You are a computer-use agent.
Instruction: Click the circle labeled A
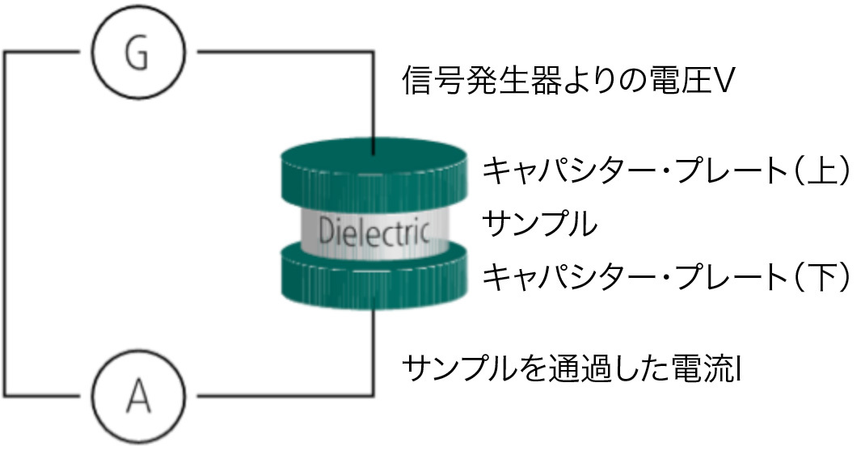click(x=138, y=397)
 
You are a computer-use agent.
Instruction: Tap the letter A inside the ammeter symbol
click(x=138, y=397)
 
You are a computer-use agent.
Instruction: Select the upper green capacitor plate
click(x=374, y=173)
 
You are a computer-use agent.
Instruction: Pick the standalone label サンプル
click(x=539, y=224)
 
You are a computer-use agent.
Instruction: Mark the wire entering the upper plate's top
click(x=374, y=105)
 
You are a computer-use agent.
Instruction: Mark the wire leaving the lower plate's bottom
click(x=374, y=347)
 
